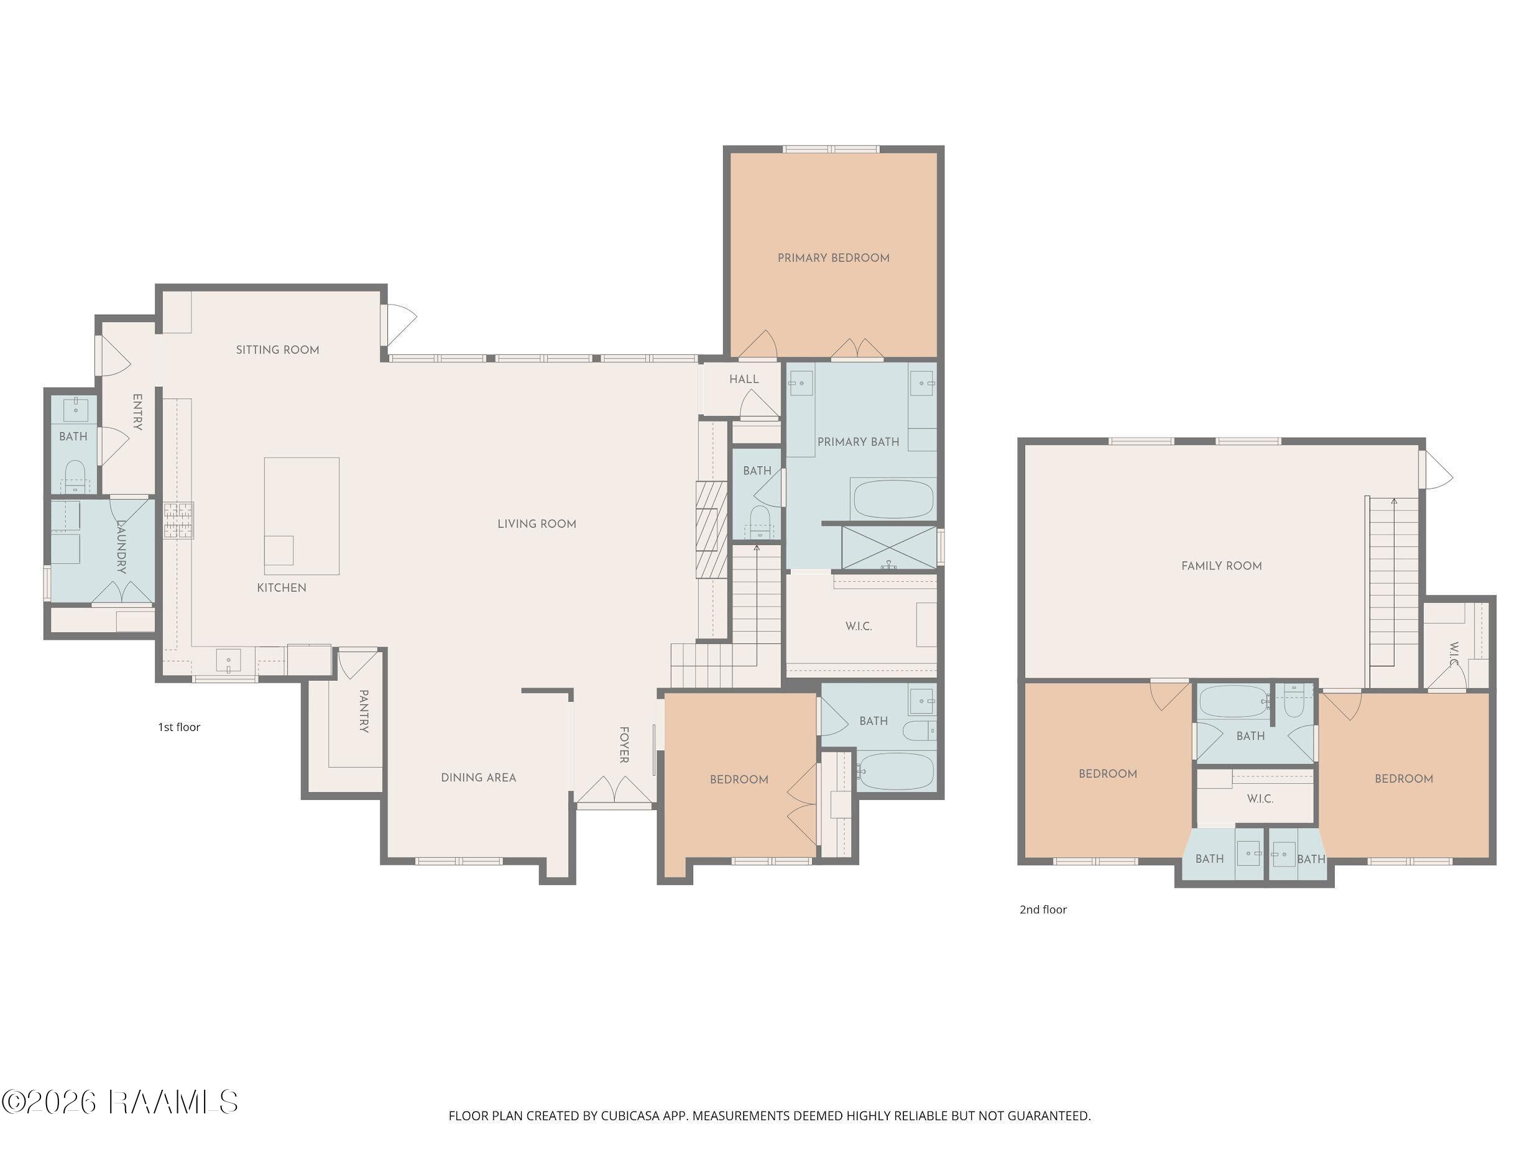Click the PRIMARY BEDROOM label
[833, 257]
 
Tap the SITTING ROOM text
[277, 349]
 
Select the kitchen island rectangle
[302, 516]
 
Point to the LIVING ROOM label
[537, 523]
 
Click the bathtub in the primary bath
[893, 499]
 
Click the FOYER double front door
[614, 790]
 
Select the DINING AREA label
[478, 778]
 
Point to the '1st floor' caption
[179, 727]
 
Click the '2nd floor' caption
[1043, 909]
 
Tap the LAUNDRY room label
[121, 546]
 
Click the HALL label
[744, 379]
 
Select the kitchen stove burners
[179, 521]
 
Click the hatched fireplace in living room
[711, 530]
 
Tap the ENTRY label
[137, 412]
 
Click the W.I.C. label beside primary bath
[859, 626]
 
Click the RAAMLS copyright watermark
[120, 1102]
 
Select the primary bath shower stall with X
[889, 548]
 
